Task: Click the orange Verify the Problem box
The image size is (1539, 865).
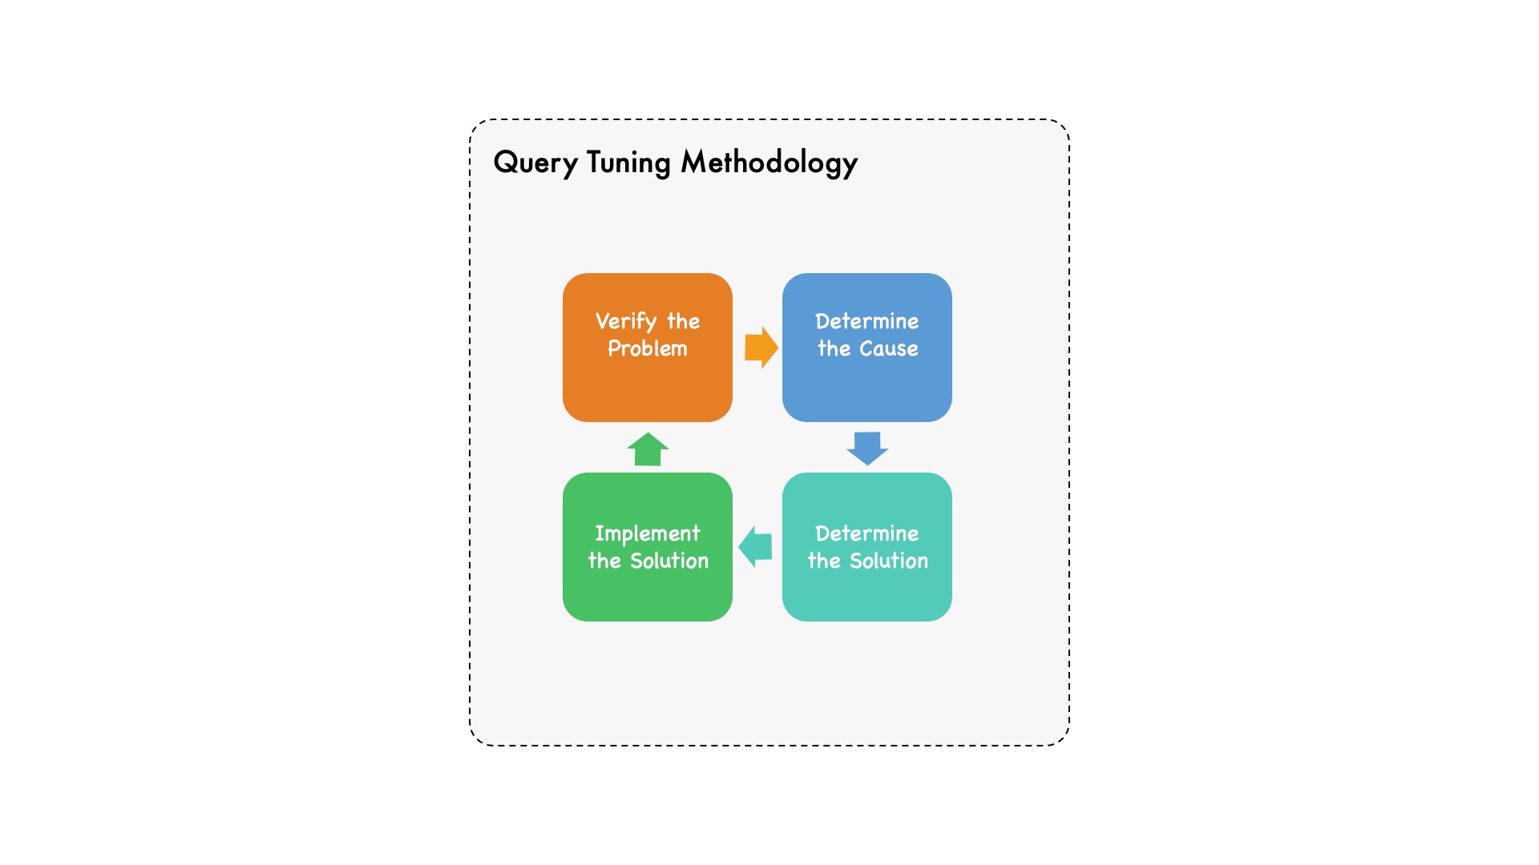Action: click(x=648, y=348)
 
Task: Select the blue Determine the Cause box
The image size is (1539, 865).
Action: click(x=867, y=348)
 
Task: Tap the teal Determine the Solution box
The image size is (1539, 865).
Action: click(x=867, y=547)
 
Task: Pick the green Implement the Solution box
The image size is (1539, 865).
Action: click(x=648, y=547)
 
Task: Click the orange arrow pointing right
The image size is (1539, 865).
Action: click(x=761, y=348)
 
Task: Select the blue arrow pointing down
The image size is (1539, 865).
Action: click(x=867, y=449)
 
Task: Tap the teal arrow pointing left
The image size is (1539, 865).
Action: click(x=755, y=547)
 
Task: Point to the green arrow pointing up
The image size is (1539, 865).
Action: click(x=648, y=449)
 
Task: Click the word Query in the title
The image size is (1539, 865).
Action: click(x=535, y=163)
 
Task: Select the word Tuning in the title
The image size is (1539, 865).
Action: click(x=628, y=163)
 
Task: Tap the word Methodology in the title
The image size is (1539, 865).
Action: click(x=769, y=163)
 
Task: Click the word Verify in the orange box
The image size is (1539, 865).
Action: click(x=626, y=322)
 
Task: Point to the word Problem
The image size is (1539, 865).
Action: click(x=648, y=348)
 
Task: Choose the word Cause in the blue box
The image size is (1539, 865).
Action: click(x=889, y=348)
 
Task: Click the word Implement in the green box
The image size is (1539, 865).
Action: click(x=648, y=534)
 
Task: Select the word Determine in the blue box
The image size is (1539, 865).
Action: click(x=867, y=321)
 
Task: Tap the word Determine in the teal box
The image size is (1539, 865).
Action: click(x=867, y=533)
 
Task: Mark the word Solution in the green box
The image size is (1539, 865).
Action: click(x=669, y=561)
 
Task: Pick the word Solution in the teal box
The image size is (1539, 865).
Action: click(x=889, y=561)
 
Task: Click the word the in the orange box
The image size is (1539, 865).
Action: click(x=684, y=321)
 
